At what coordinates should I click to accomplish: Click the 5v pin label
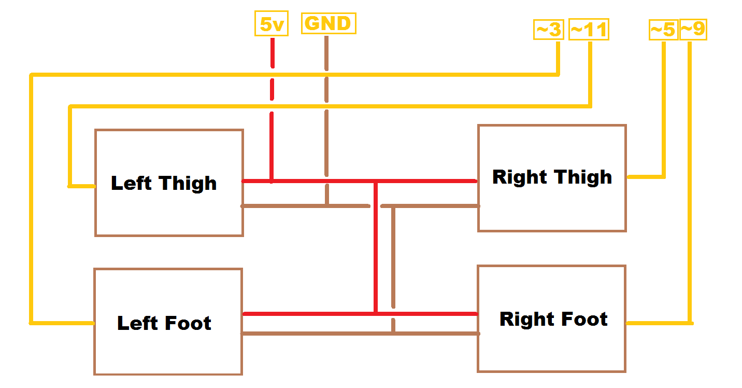[272, 24]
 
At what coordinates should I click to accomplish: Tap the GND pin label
[329, 23]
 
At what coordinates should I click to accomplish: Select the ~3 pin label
[548, 30]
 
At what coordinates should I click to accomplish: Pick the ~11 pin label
[589, 30]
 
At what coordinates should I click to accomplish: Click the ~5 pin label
[663, 30]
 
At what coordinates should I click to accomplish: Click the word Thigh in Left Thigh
[188, 184]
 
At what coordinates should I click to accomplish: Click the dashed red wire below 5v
[272, 104]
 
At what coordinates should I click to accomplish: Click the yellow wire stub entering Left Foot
[62, 323]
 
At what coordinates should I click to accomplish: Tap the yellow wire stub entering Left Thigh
[82, 186]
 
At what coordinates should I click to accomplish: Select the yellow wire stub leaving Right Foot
[658, 323]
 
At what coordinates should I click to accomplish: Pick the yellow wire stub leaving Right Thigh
[645, 177]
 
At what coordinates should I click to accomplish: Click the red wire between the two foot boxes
[311, 314]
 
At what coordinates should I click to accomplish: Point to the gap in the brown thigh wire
[375, 206]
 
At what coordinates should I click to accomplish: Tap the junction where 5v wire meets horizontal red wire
[272, 181]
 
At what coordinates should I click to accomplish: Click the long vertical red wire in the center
[375, 249]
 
